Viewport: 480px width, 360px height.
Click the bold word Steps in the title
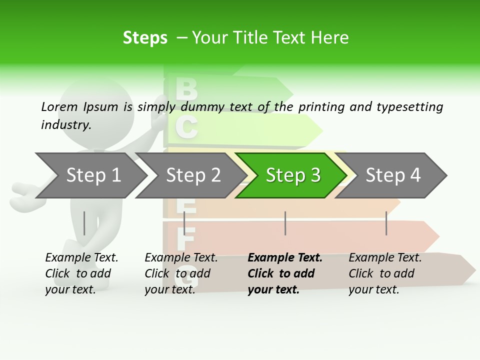145,38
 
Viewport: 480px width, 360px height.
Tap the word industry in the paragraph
65,125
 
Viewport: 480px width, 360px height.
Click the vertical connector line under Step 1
84,223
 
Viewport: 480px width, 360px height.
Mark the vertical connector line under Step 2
184,223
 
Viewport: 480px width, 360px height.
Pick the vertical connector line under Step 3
285,223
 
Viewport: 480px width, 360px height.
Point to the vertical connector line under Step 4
386,223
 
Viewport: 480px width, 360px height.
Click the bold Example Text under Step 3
285,258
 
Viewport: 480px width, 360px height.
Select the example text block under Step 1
81,273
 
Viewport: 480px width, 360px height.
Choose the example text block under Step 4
385,273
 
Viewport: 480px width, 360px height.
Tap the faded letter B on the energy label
186,89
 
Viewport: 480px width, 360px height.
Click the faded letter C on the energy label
186,127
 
